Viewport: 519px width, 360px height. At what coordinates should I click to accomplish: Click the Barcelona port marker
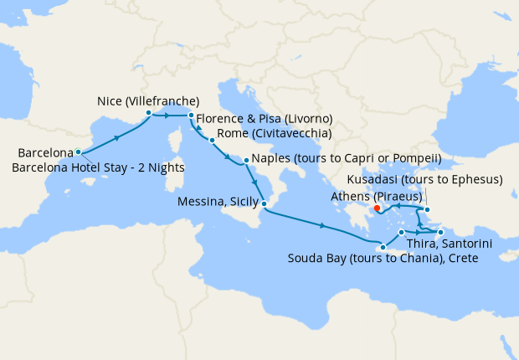78,152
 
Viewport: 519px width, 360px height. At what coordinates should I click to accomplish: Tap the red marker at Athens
377,208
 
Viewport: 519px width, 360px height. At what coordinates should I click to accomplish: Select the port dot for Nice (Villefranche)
148,112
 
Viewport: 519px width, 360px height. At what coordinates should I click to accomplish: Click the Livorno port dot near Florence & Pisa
191,115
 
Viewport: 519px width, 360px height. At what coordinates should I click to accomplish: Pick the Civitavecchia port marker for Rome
212,140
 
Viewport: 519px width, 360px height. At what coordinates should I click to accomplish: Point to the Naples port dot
246,160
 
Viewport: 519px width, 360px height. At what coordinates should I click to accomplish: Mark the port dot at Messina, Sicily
263,204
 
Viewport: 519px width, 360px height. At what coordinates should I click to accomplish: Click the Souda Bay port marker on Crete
383,246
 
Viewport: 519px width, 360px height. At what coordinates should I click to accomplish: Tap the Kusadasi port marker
427,210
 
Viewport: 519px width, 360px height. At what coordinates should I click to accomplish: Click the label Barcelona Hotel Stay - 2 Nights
99,167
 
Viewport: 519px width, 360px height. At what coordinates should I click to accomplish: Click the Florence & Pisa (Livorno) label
265,117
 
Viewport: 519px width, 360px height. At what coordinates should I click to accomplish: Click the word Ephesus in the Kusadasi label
474,180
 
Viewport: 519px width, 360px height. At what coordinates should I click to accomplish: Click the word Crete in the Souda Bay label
461,259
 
